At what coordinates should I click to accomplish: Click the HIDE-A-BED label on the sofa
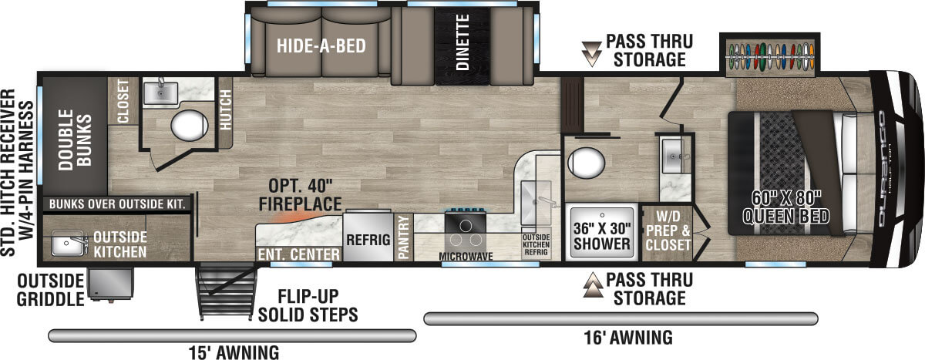coord(321,45)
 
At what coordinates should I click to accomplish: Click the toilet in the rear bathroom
coord(189,125)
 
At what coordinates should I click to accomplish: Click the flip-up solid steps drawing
coord(224,291)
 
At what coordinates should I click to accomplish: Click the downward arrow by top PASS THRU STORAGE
coord(591,52)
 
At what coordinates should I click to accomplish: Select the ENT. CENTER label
coord(299,254)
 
